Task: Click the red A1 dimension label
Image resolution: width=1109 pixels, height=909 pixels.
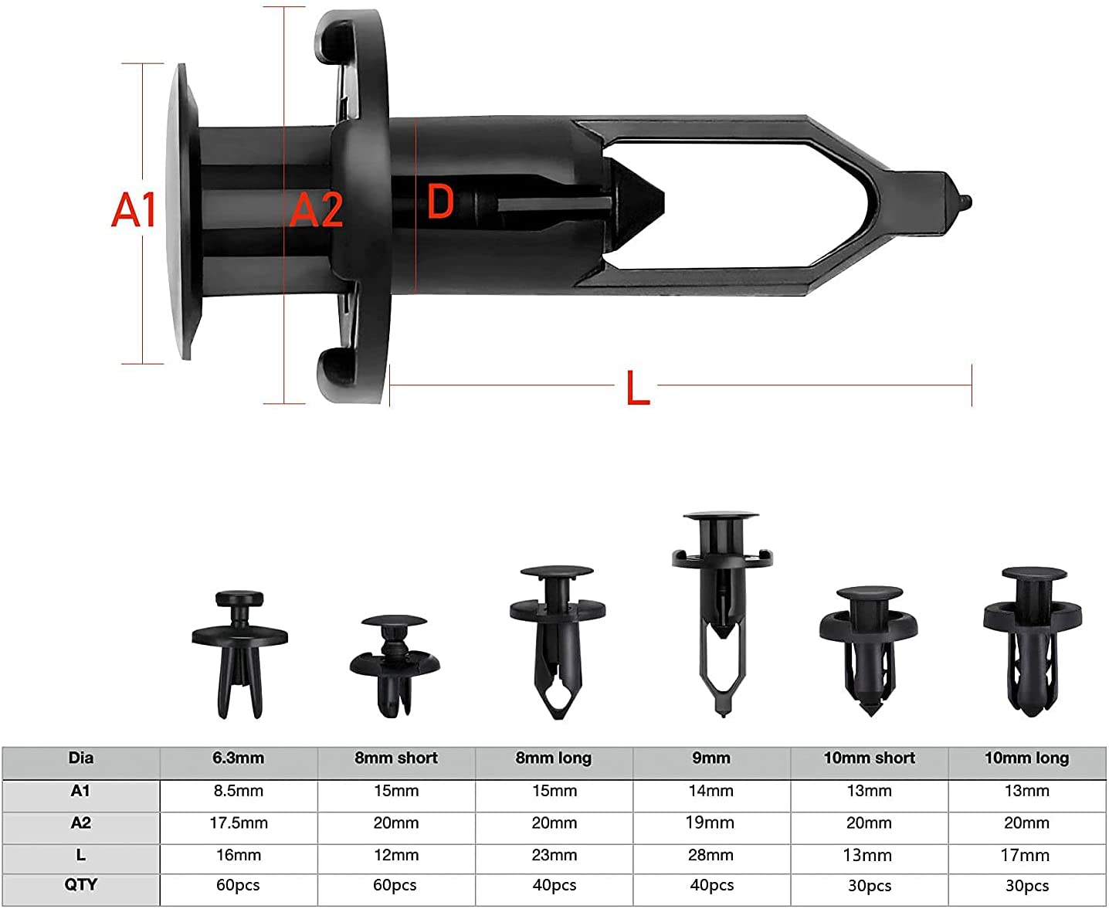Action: coord(134,209)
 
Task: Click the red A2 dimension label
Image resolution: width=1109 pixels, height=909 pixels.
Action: coord(316,209)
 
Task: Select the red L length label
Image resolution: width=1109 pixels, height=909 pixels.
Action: coord(639,387)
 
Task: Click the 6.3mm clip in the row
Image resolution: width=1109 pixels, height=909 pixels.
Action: coord(239,655)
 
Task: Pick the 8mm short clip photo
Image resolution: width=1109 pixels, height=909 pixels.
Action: coord(395,666)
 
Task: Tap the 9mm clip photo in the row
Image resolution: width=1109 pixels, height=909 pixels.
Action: coord(723,613)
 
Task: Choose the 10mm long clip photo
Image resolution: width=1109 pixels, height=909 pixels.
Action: coord(1033,642)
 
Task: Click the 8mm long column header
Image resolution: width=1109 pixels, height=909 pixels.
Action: coord(553,758)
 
